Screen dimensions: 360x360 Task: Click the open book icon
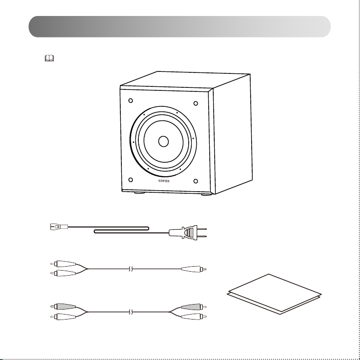49,58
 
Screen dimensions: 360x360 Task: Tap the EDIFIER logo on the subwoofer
164,181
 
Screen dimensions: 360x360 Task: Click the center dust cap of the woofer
163,141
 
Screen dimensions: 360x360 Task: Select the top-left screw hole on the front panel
131,100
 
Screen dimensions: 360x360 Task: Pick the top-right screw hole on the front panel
196,103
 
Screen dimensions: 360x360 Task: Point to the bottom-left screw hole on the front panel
131,180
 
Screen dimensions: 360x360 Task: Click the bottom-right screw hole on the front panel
196,181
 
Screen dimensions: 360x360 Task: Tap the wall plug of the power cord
188,233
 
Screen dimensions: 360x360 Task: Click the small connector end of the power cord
59,227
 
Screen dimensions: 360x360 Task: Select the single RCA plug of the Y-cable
194,269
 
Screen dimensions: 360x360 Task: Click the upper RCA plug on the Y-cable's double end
63,264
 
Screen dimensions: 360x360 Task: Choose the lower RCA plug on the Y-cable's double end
63,273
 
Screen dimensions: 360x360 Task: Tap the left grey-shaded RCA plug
63,306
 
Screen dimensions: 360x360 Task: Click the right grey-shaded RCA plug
194,307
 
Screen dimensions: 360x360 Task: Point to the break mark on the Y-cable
131,269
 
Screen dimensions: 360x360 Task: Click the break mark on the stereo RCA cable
131,312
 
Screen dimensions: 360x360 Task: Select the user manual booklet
274,294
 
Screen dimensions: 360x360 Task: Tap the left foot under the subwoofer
140,193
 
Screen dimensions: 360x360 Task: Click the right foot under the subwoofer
207,194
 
